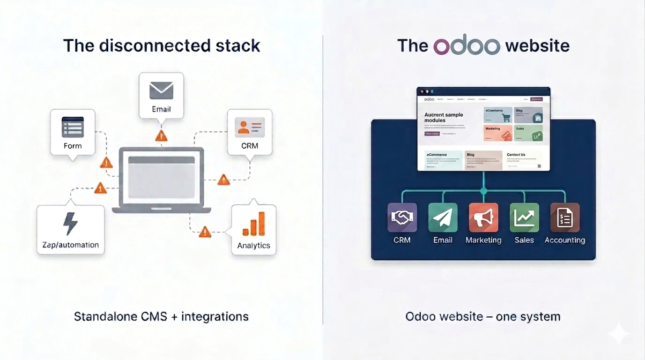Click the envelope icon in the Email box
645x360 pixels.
[x=161, y=90]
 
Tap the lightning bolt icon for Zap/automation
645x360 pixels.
[x=70, y=224]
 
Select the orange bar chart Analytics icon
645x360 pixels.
[x=253, y=224]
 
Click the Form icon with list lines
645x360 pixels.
[x=73, y=127]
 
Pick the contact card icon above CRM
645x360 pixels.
[x=250, y=127]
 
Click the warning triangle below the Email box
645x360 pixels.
[x=161, y=136]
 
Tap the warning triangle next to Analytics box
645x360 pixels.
[x=205, y=232]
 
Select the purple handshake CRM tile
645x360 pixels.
[x=402, y=217]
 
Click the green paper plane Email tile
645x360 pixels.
[x=443, y=217]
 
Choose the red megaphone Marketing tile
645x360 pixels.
[x=483, y=217]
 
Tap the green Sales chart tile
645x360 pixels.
[x=524, y=217]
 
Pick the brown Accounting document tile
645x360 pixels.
[x=565, y=217]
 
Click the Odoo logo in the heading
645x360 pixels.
[x=467, y=45]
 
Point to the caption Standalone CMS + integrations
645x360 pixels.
[x=161, y=316]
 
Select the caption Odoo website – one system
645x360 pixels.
[x=483, y=316]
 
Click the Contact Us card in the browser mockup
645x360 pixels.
[x=523, y=160]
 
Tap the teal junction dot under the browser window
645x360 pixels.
[x=483, y=191]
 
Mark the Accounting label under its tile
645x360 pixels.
[x=565, y=240]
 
